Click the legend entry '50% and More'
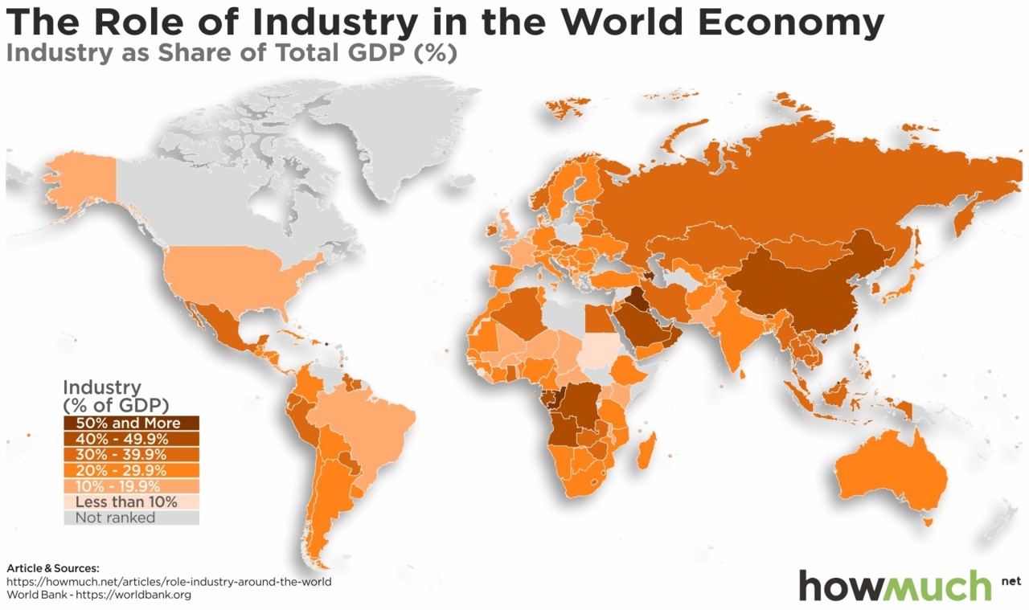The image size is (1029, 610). (x=131, y=423)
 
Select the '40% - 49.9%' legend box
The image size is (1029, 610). (x=131, y=439)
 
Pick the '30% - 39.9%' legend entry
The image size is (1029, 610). (x=131, y=454)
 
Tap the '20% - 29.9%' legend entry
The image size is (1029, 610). (x=131, y=470)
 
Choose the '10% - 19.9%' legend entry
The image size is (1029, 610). (x=131, y=486)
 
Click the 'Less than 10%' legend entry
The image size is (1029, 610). (x=131, y=502)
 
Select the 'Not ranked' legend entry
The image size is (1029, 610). (x=131, y=518)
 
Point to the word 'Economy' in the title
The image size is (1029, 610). (x=791, y=23)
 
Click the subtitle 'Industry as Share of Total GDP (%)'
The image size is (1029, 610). (x=232, y=55)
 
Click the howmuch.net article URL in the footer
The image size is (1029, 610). (x=169, y=582)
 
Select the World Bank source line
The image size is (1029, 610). (x=99, y=596)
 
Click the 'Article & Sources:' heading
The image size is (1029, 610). (x=53, y=568)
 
